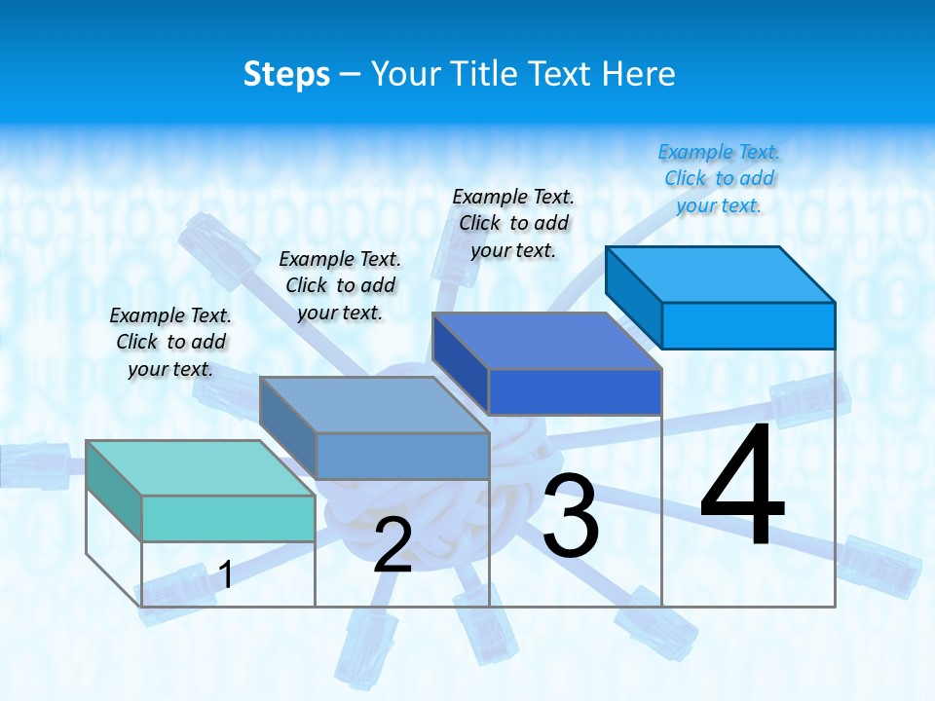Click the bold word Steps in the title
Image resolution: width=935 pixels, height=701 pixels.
click(286, 74)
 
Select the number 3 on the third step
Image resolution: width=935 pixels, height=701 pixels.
click(571, 516)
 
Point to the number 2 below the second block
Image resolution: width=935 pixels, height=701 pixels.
click(393, 546)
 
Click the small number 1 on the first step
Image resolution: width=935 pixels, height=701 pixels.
click(226, 574)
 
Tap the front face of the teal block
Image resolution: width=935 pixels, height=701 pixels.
click(228, 518)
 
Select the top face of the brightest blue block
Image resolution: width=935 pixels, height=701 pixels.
click(721, 274)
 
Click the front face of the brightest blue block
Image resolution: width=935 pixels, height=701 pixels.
click(748, 325)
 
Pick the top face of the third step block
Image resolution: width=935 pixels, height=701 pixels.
click(546, 341)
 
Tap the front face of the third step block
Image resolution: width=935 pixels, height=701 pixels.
click(575, 391)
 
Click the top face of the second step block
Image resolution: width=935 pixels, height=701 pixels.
click(373, 404)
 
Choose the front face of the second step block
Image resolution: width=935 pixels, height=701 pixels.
click(402, 456)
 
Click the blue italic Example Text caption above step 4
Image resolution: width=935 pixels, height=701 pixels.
click(719, 178)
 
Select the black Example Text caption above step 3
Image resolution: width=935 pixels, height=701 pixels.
click(513, 223)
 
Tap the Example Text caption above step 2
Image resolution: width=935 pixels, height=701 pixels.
click(340, 285)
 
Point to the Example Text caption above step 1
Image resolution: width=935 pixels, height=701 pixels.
click(170, 342)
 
